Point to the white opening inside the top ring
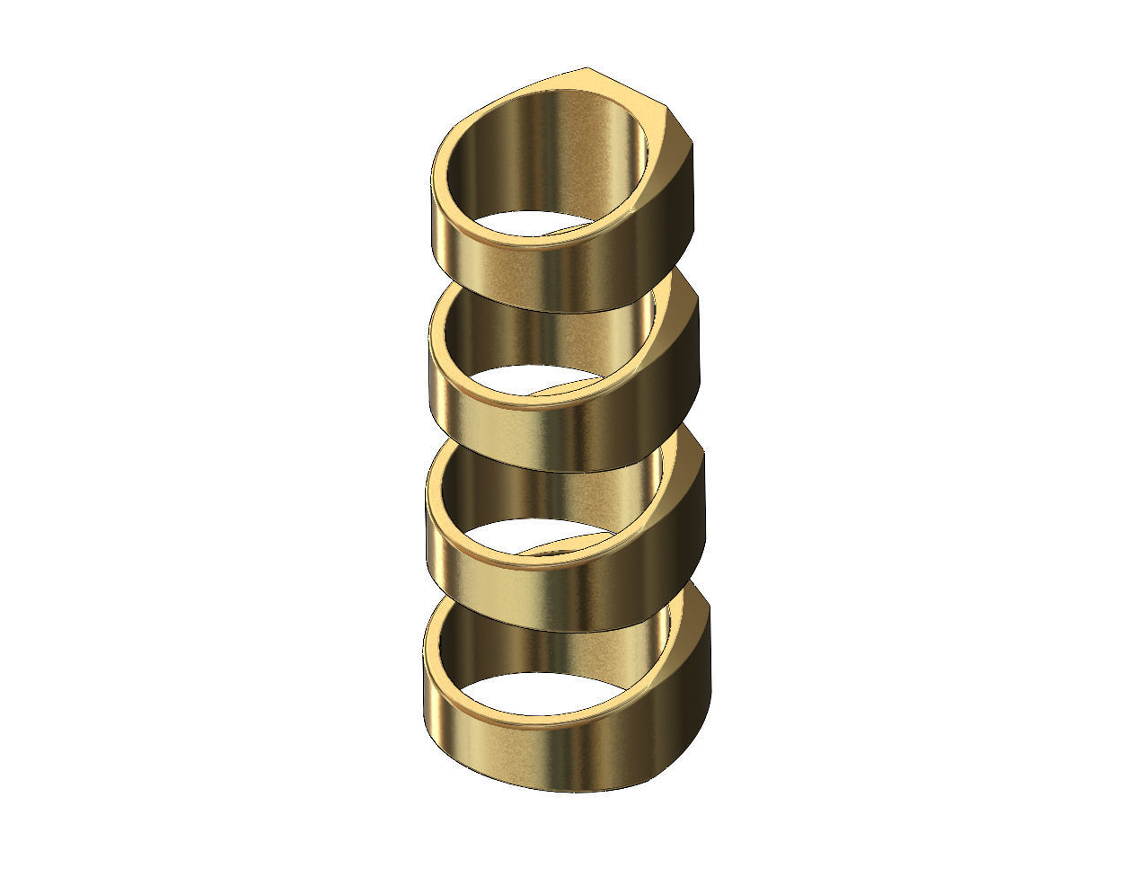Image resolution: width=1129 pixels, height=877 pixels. tap(530, 225)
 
